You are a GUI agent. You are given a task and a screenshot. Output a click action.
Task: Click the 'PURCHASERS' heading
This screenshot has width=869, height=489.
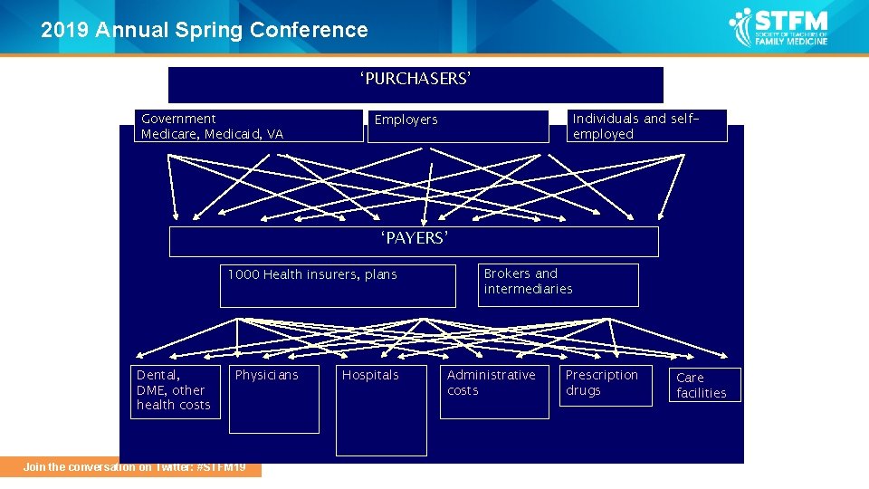[415, 80]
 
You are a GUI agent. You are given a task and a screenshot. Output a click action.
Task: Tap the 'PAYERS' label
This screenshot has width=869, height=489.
[414, 239]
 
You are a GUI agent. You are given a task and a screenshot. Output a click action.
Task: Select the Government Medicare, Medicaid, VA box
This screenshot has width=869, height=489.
[250, 126]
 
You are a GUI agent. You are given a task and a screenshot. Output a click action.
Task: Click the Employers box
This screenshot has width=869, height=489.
[458, 126]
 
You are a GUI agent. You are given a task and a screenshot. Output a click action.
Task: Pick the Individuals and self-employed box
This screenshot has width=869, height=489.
[648, 126]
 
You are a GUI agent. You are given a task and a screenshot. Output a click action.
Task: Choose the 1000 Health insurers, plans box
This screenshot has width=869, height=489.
[338, 285]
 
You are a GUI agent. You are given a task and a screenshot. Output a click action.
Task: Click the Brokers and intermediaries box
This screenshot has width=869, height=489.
[558, 284]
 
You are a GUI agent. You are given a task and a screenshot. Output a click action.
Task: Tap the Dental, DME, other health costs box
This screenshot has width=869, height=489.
[175, 390]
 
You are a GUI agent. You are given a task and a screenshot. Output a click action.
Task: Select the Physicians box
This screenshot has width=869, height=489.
[273, 398]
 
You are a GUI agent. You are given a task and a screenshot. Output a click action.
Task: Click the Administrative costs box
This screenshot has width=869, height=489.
[493, 391]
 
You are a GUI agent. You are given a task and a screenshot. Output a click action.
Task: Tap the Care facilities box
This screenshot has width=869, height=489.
[705, 385]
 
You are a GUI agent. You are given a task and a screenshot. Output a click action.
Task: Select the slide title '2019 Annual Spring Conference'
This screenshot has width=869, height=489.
[205, 30]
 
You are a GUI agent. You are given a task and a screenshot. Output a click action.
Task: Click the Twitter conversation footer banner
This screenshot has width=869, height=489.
[134, 467]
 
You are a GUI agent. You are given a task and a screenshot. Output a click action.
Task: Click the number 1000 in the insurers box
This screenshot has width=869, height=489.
[244, 274]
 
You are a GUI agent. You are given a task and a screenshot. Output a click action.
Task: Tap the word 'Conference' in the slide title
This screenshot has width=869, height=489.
[309, 30]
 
